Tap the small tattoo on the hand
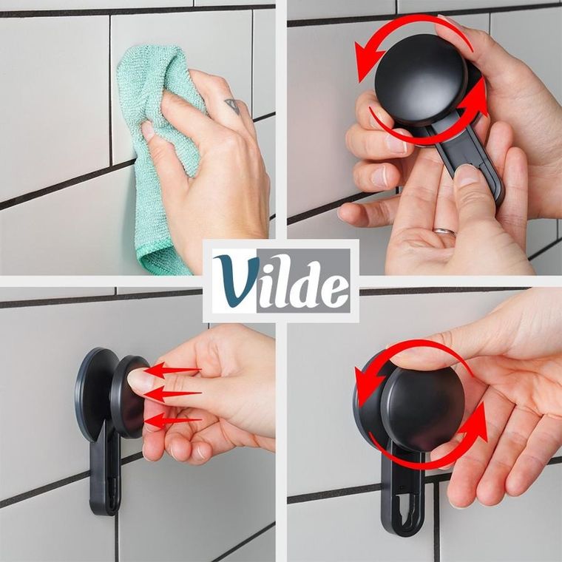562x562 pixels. tap(232, 106)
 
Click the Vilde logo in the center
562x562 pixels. tap(281, 280)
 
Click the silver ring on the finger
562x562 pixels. tap(444, 231)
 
